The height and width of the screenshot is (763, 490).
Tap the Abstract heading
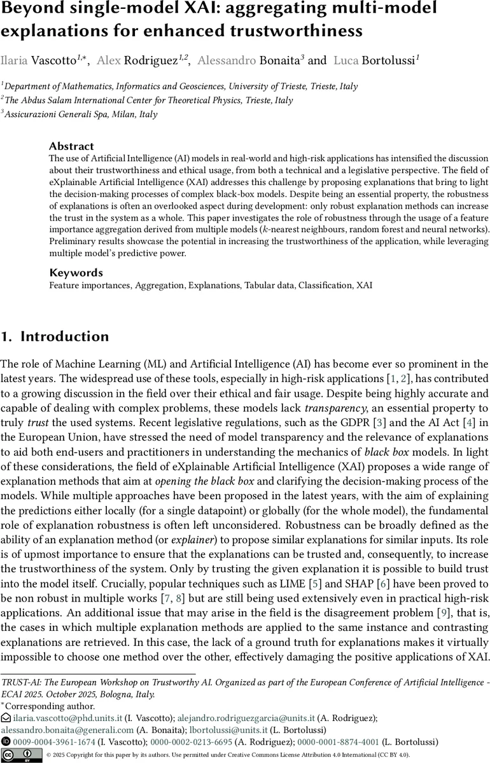point(71,146)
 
